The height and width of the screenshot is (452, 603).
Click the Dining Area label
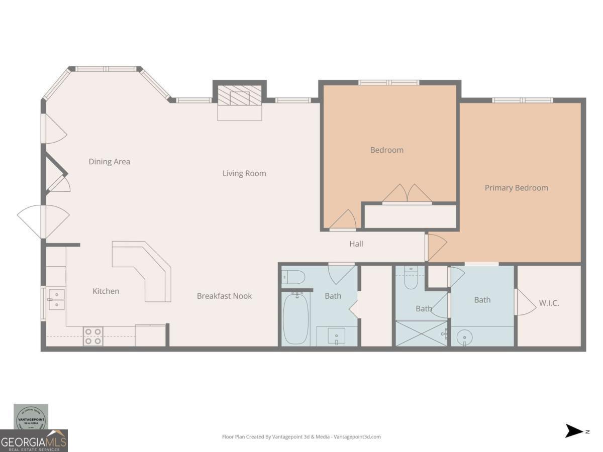tap(109, 162)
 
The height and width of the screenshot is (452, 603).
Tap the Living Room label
tap(244, 174)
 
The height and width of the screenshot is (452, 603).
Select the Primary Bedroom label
tap(516, 188)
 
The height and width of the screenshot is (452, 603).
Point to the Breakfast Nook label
tap(224, 296)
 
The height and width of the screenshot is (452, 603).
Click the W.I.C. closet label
tap(549, 303)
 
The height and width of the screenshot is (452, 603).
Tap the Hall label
tap(356, 244)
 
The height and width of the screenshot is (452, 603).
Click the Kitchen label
tap(106, 291)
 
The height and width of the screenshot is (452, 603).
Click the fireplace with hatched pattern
tap(240, 95)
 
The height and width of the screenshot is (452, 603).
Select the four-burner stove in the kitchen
tap(93, 336)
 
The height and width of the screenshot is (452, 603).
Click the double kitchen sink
tap(56, 299)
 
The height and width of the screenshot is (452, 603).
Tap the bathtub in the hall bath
tap(295, 319)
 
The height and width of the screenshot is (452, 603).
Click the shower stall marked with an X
tap(421, 333)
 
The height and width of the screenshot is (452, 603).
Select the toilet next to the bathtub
tap(293, 277)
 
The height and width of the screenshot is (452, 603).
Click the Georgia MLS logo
tap(34, 440)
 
